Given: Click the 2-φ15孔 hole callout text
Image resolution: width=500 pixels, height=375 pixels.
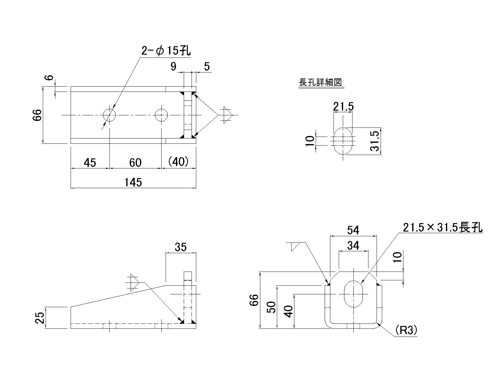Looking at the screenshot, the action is coord(166,50).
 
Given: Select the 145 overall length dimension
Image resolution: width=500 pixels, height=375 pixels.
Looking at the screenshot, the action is coord(133,182).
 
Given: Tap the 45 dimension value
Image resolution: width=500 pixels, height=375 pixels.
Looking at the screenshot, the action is coord(90,162).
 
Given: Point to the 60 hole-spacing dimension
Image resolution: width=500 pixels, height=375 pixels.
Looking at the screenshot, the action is coord(135,162).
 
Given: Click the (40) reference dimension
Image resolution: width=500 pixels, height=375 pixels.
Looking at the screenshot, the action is coord(178,162).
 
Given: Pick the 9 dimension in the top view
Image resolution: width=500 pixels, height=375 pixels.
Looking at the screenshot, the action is coord(173,67).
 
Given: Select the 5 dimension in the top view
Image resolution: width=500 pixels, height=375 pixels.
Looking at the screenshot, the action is coord(207,67).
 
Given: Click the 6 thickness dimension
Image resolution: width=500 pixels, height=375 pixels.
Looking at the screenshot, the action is coord(50,77).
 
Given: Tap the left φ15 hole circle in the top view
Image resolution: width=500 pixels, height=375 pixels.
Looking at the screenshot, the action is coord(109,115).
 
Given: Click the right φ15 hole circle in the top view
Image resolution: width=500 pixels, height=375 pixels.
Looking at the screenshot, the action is coord(161,115).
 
